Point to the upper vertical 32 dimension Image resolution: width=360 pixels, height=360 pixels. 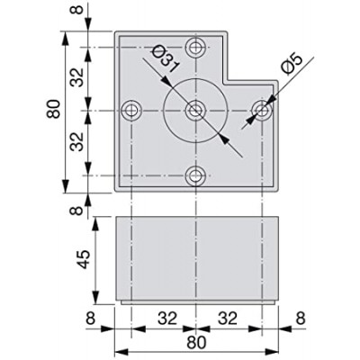click(80, 77)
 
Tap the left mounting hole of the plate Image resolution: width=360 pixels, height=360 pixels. click(132, 111)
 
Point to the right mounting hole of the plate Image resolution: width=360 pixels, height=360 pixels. click(261, 111)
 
